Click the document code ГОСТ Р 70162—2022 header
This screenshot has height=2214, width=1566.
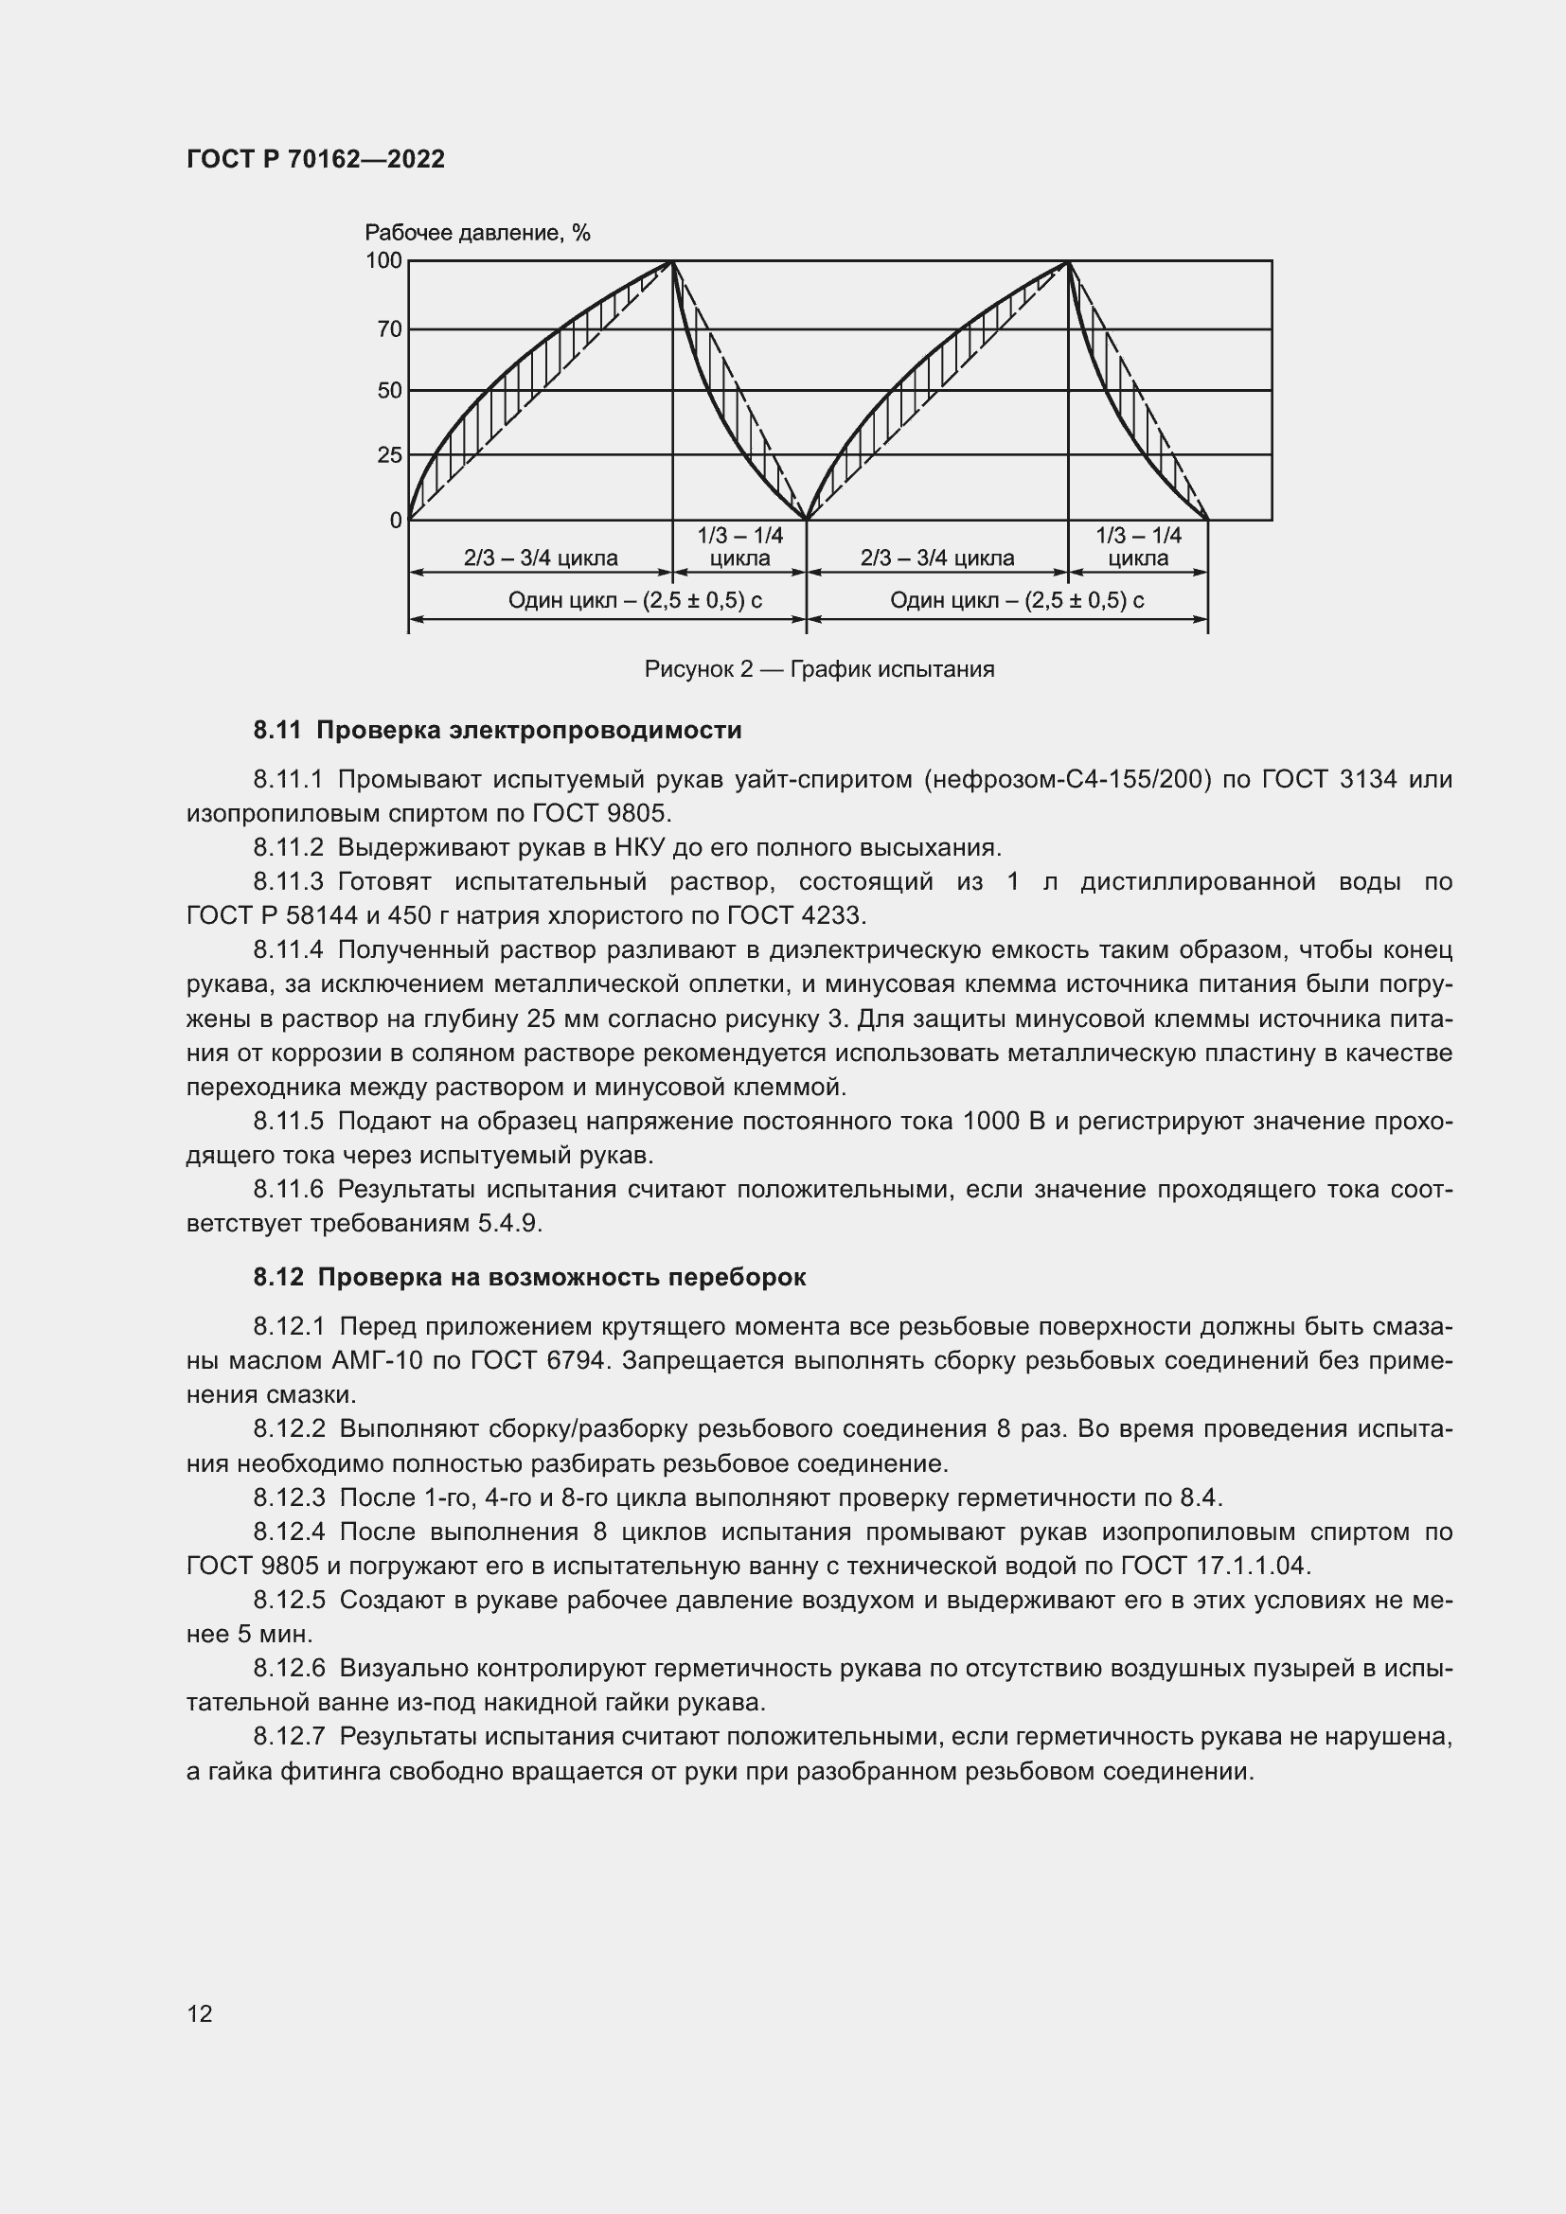315,159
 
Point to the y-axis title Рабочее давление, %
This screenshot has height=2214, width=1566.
476,233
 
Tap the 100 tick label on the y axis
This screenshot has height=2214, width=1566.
383,260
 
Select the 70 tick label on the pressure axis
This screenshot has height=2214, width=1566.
388,329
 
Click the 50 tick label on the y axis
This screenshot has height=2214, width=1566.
388,391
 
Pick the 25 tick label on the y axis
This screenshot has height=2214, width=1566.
388,455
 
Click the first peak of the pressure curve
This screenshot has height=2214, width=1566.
672,261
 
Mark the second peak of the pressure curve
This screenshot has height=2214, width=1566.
1067,261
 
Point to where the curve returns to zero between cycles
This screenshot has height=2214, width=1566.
806,520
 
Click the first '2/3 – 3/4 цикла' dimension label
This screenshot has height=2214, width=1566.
540,558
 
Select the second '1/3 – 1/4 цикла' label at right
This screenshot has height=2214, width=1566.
1138,547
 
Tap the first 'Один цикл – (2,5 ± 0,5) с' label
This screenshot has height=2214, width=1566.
634,601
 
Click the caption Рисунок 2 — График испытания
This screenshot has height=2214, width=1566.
819,669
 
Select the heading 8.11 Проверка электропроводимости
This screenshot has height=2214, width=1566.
497,730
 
